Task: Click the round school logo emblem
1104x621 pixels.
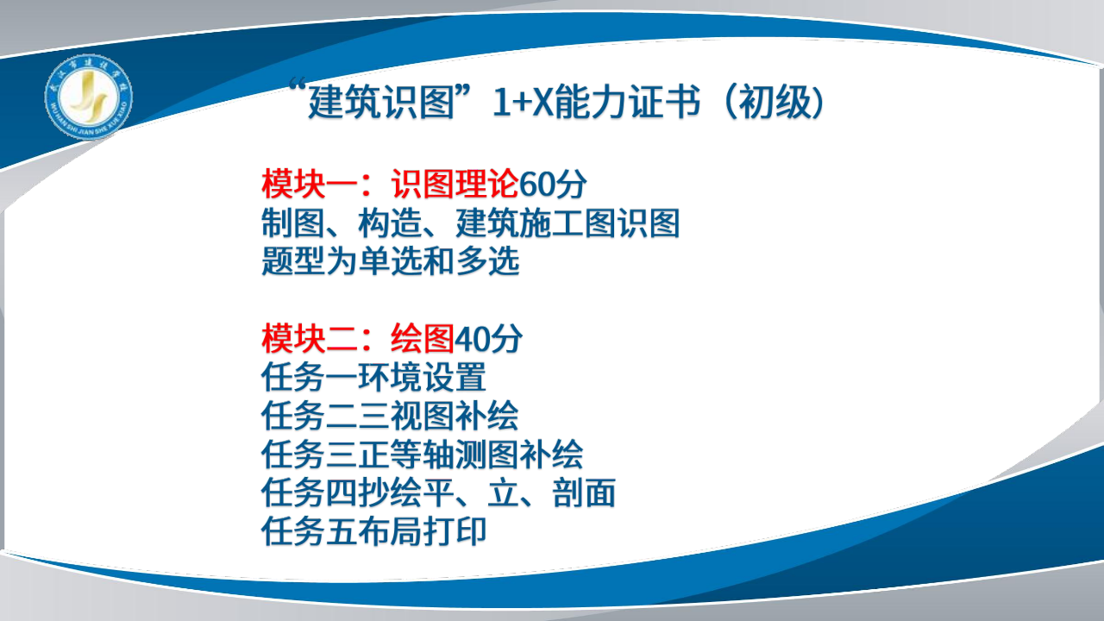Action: click(x=89, y=97)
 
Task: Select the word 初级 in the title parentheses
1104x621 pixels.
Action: click(x=775, y=103)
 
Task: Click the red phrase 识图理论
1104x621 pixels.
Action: click(x=455, y=185)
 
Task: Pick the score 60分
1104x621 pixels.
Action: click(x=553, y=185)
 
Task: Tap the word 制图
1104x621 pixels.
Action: click(x=292, y=223)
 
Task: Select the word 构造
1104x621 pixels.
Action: click(x=390, y=223)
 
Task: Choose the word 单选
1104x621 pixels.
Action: click(x=390, y=261)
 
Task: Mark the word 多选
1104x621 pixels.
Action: click(x=487, y=261)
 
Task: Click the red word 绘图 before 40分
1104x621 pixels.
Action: click(x=423, y=339)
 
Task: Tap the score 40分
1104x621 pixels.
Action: click(x=488, y=339)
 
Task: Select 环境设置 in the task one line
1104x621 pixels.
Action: click(x=423, y=378)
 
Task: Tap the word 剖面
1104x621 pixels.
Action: click(x=584, y=492)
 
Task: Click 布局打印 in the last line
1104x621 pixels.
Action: click(x=423, y=531)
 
